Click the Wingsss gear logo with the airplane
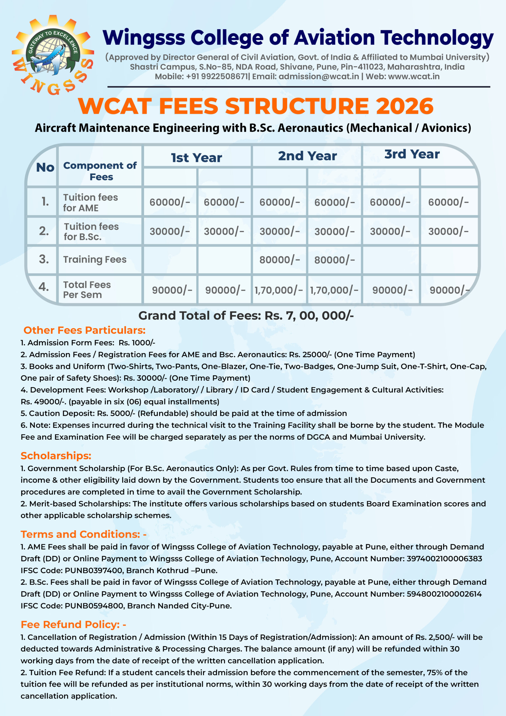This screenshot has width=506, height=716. pyautogui.click(x=53, y=55)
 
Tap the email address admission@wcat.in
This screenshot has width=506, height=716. pyautogui.click(x=319, y=76)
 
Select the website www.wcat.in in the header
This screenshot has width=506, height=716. pyautogui.click(x=414, y=76)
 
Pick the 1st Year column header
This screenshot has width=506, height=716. pyautogui.click(x=197, y=158)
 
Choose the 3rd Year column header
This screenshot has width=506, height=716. pyautogui.click(x=412, y=154)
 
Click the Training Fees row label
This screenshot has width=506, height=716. pyautogui.click(x=95, y=260)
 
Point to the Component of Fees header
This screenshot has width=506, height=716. pyautogui.click(x=100, y=171)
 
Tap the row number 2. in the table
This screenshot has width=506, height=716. pyautogui.click(x=44, y=231)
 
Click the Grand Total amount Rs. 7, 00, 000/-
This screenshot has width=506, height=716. pyautogui.click(x=309, y=315)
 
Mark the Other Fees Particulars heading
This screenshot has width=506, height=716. pyautogui.click(x=84, y=330)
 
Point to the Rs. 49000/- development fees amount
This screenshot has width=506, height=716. pyautogui.click(x=42, y=402)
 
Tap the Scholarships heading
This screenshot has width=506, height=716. pyautogui.click(x=56, y=456)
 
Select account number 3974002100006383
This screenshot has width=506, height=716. pyautogui.click(x=444, y=559)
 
